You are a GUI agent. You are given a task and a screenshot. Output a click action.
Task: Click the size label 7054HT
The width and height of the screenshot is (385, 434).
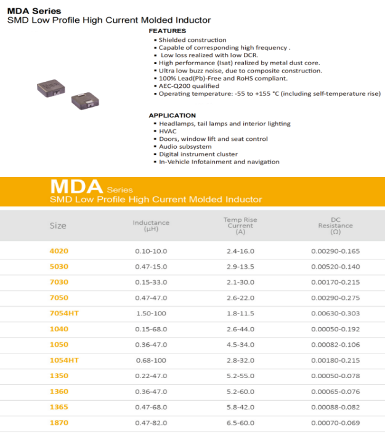click(64, 314)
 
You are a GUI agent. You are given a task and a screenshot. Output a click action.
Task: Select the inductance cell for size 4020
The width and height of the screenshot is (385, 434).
click(151, 251)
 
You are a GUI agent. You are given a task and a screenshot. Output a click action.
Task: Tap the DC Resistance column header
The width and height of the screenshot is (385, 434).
click(336, 226)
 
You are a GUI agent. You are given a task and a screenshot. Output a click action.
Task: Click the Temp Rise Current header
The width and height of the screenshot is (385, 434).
click(240, 226)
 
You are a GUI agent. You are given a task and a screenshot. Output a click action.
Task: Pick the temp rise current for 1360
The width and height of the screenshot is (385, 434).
click(240, 392)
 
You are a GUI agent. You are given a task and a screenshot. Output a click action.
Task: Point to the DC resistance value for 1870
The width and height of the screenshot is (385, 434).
click(336, 423)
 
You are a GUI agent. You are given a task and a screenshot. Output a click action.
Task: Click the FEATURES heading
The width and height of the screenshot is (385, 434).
click(168, 31)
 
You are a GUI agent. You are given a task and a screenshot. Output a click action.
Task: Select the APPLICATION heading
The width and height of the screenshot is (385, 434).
click(172, 116)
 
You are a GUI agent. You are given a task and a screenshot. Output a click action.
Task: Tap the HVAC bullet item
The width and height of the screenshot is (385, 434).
click(168, 131)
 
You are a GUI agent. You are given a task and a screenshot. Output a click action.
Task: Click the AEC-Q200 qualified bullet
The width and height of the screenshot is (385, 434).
click(188, 86)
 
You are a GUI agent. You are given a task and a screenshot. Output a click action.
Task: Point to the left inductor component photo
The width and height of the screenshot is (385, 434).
click(50, 88)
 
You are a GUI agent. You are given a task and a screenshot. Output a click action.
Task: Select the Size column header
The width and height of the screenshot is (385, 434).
click(58, 226)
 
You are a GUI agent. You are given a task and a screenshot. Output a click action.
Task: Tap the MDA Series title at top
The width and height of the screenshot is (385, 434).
click(34, 11)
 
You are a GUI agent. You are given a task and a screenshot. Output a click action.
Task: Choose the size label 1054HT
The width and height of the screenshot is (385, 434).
click(64, 360)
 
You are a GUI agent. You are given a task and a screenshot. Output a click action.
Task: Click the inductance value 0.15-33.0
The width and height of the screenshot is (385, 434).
click(151, 282)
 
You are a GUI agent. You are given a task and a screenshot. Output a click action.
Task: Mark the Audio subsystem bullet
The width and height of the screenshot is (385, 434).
click(185, 146)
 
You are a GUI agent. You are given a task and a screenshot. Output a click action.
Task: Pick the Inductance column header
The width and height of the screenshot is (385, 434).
click(151, 226)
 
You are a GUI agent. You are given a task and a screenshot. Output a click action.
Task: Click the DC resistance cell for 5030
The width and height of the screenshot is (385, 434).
click(336, 267)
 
